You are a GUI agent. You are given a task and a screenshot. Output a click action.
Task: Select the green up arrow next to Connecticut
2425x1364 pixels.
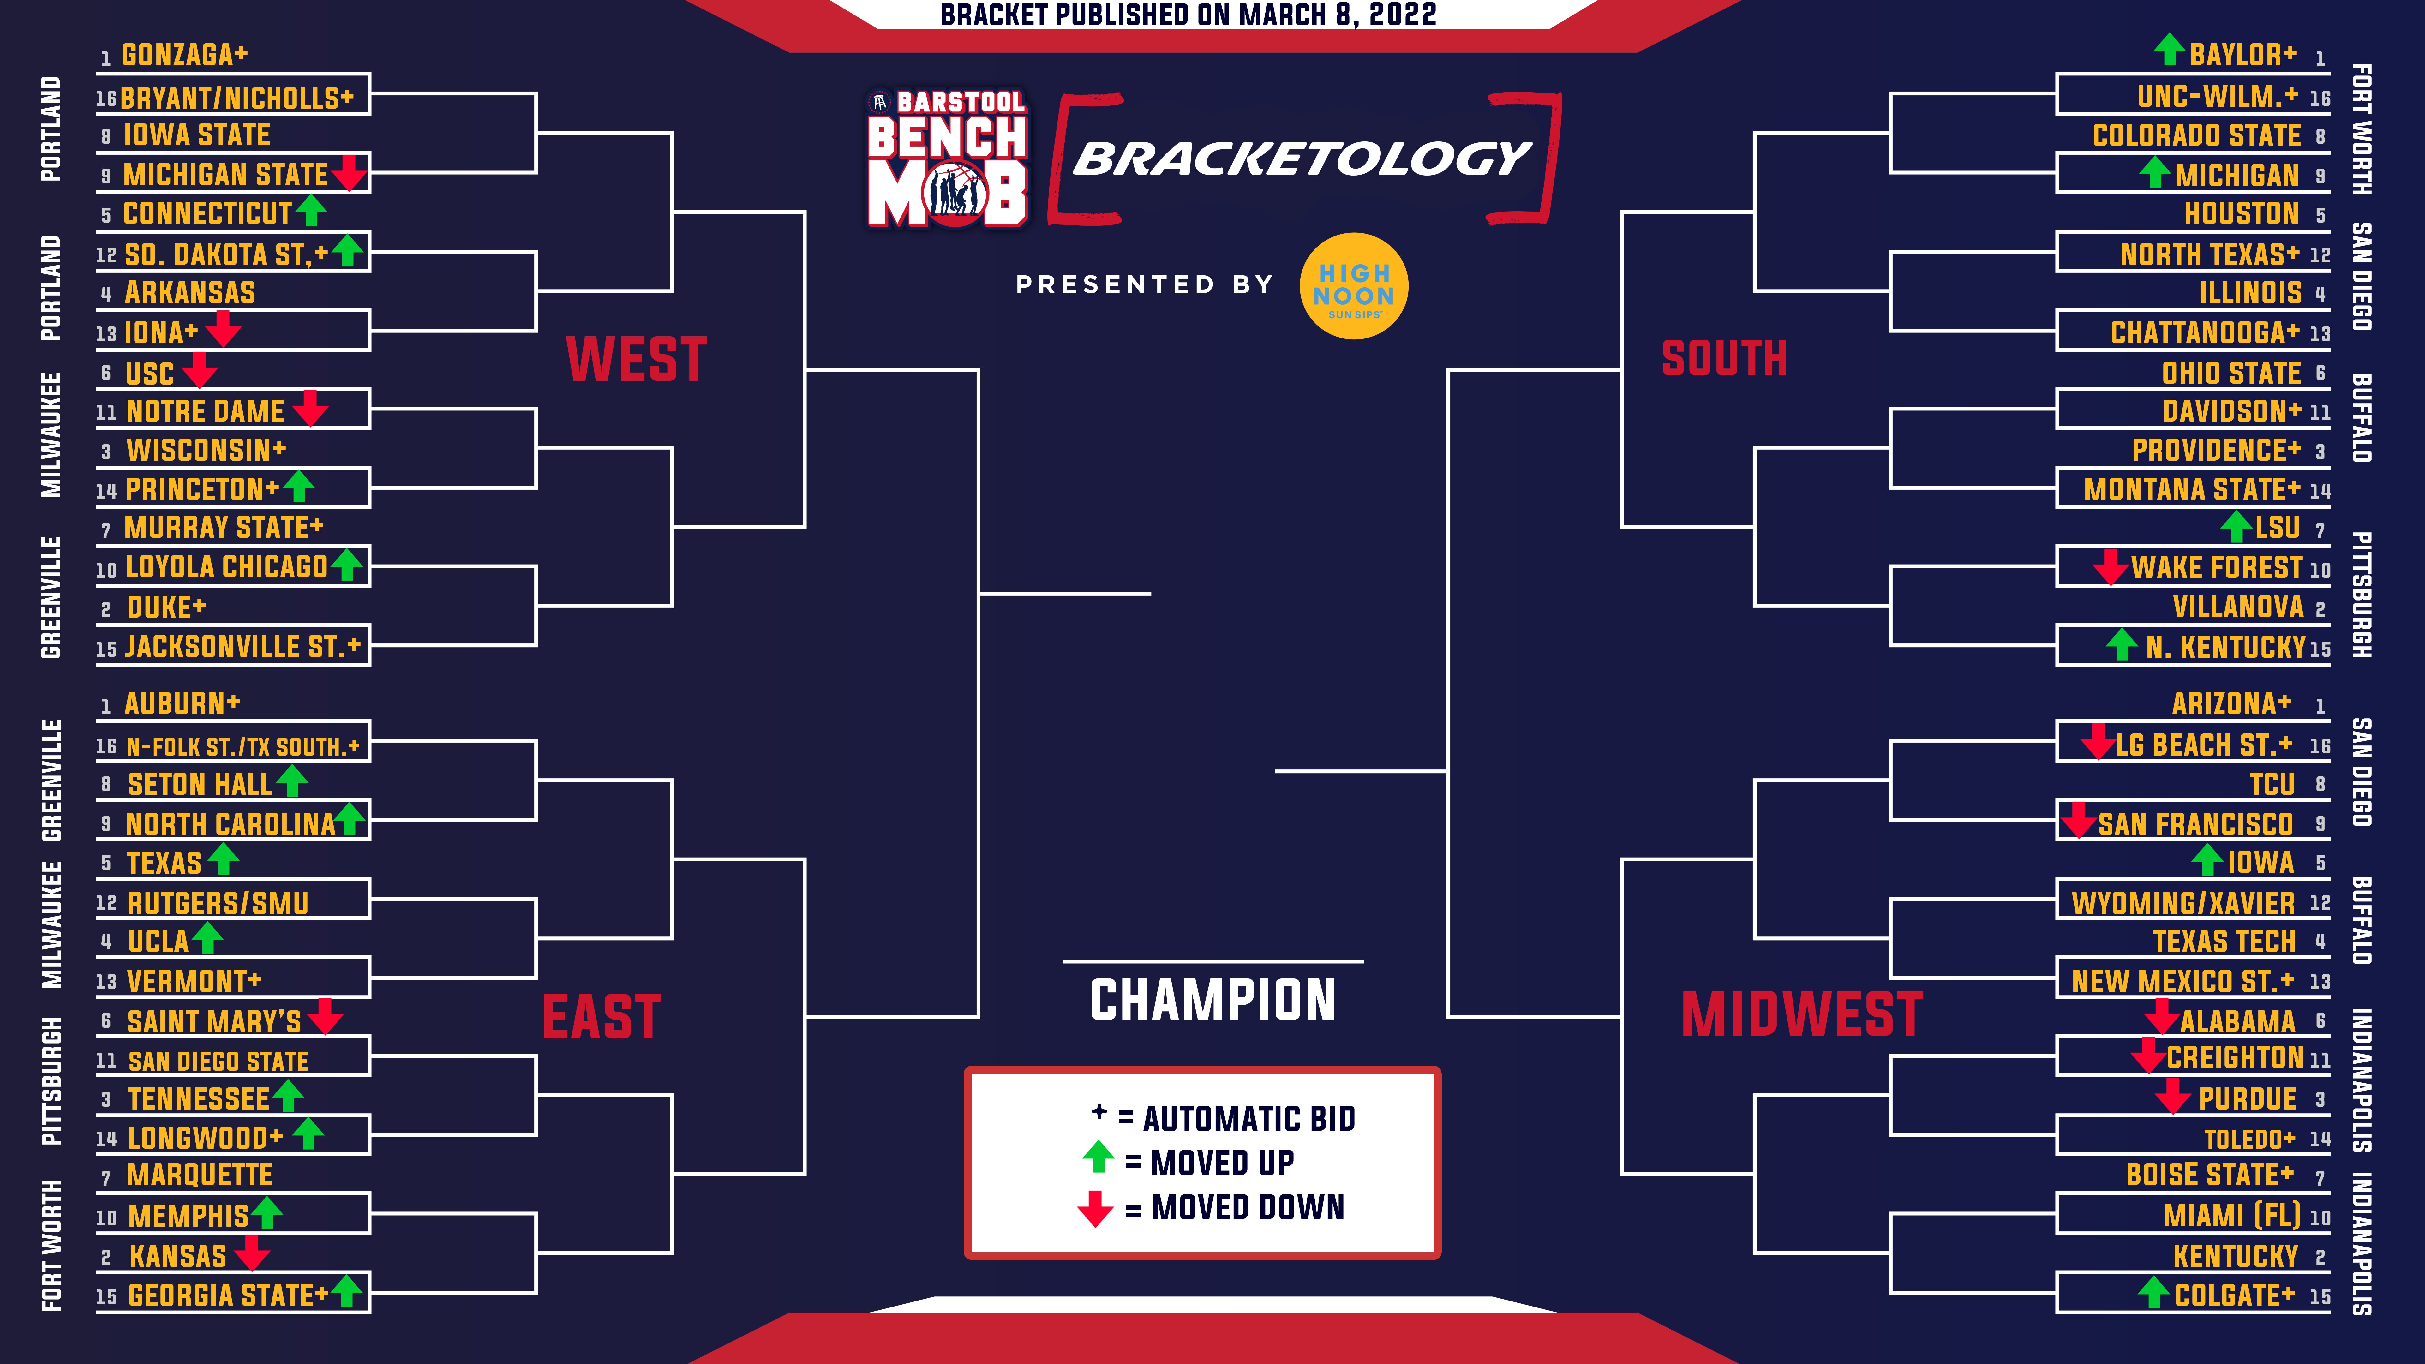[311, 211]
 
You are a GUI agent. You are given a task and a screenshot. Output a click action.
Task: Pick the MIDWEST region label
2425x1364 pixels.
[1802, 1015]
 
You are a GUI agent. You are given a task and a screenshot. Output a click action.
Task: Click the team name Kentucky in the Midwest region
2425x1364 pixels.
[2236, 1256]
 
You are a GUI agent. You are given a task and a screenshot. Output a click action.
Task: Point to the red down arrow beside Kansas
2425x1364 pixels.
[252, 1253]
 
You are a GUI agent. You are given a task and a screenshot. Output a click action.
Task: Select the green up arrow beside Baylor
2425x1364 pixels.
[2169, 49]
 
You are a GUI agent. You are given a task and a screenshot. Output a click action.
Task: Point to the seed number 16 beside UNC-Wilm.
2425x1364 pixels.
[2320, 98]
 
